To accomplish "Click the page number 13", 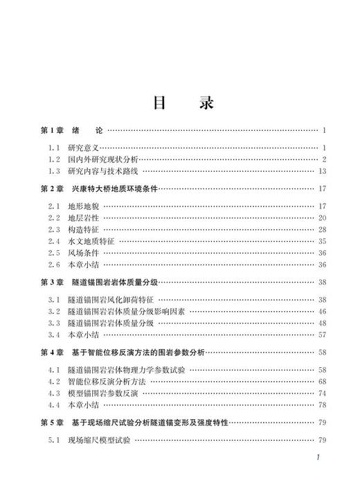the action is click(322, 171).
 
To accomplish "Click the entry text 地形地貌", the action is click(84, 206).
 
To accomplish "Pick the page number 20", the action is click(322, 218).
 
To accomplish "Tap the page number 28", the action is click(322, 229).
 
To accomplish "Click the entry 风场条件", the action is click(84, 253).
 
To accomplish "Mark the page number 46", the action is click(322, 312).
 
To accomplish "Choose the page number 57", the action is click(322, 335).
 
